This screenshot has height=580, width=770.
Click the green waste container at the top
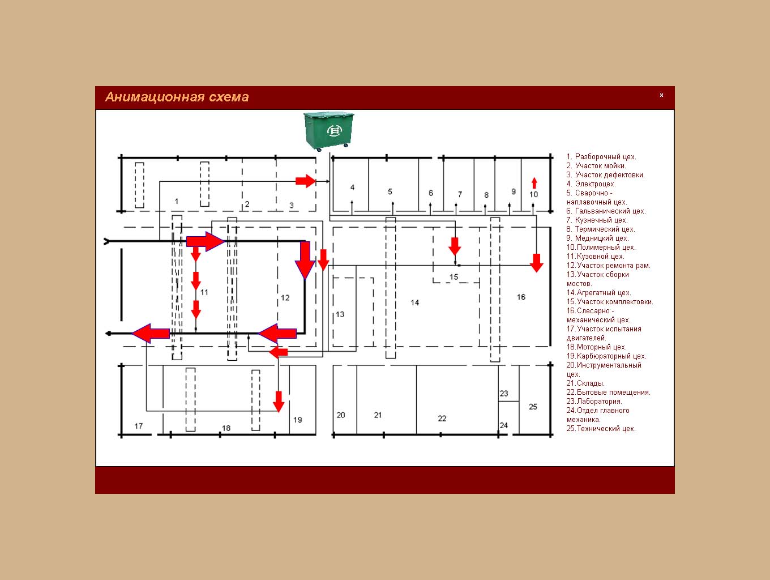pyautogui.click(x=329, y=131)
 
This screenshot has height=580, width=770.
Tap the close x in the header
pyautogui.click(x=661, y=95)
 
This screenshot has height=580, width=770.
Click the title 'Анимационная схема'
pyautogui.click(x=177, y=97)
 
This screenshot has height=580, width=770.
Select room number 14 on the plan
pyautogui.click(x=414, y=302)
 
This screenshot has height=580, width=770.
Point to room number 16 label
pyautogui.click(x=521, y=297)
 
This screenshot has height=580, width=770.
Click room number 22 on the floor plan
pyautogui.click(x=442, y=418)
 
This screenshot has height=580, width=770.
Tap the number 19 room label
pyautogui.click(x=297, y=420)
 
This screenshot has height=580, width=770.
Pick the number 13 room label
pyautogui.click(x=340, y=314)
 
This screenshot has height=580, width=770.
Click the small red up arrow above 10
pyautogui.click(x=534, y=183)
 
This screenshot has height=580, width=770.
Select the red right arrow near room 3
pyautogui.click(x=306, y=181)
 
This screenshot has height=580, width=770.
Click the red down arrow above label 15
pyautogui.click(x=455, y=246)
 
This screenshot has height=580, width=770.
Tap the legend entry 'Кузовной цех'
pyautogui.click(x=595, y=257)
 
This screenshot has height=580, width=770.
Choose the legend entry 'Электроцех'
pyautogui.click(x=591, y=184)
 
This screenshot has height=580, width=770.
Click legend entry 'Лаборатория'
pyautogui.click(x=594, y=402)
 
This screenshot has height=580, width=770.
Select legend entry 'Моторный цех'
pyautogui.click(x=596, y=347)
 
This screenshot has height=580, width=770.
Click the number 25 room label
pyautogui.click(x=533, y=407)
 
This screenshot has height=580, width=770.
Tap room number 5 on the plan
pyautogui.click(x=390, y=191)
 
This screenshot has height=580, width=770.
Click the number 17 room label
pyautogui.click(x=139, y=426)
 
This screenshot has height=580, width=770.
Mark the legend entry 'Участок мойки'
pyautogui.click(x=596, y=165)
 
